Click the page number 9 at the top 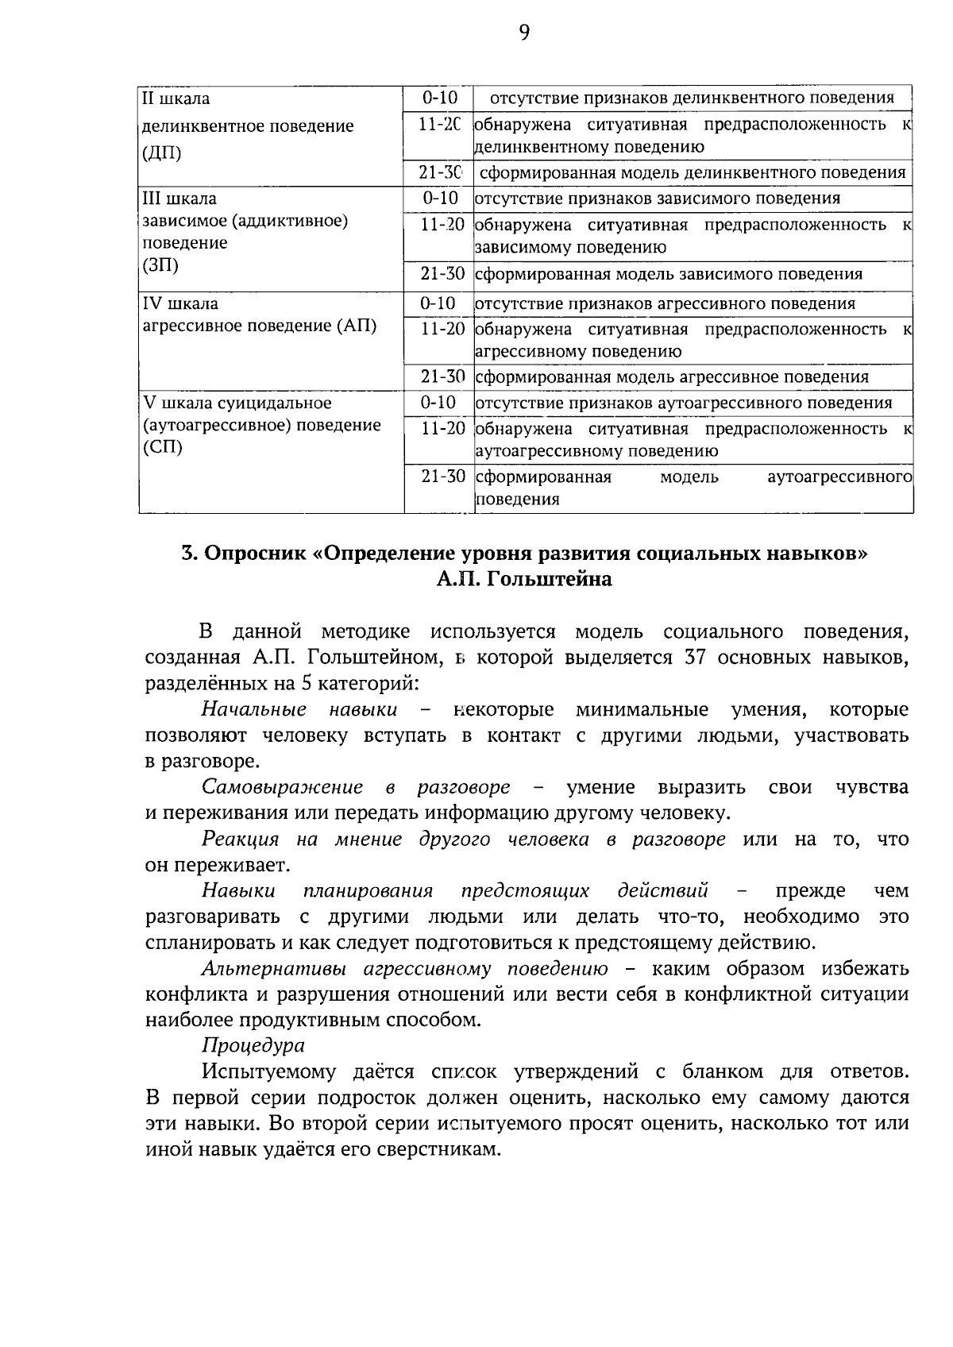tap(523, 32)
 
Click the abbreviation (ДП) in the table tap(161, 153)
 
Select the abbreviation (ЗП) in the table tap(160, 265)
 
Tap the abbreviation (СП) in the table tap(162, 447)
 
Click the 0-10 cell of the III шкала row tap(440, 199)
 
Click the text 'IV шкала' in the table tap(180, 303)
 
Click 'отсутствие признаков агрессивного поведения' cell tap(666, 303)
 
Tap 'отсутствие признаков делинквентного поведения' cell tap(692, 98)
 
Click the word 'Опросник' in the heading tap(256, 554)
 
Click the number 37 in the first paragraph tap(696, 658)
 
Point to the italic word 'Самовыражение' tap(282, 787)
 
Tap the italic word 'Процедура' tap(253, 1045)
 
